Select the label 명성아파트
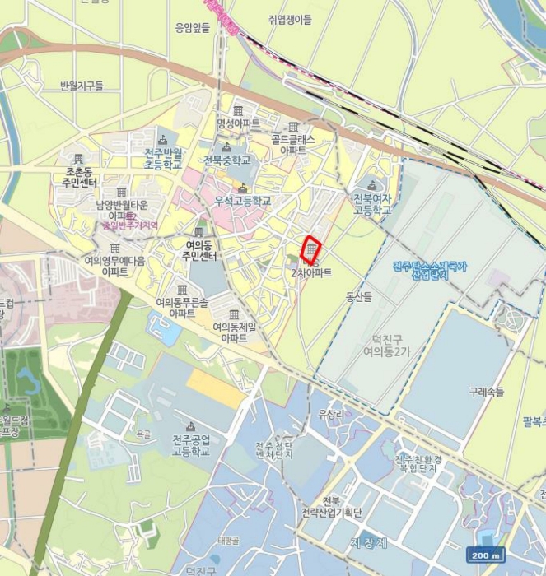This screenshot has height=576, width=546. [x=238, y=123]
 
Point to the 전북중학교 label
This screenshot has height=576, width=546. [x=226, y=160]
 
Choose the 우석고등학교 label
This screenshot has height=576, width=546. [x=242, y=200]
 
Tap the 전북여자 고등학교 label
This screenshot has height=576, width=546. [x=372, y=204]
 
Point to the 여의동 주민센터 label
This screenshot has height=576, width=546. [x=198, y=250]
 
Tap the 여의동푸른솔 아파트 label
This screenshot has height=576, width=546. [x=182, y=307]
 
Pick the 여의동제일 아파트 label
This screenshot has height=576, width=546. [x=235, y=332]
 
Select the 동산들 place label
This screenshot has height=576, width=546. [x=359, y=295]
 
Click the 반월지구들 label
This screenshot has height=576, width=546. [x=82, y=86]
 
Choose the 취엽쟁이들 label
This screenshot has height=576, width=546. [x=290, y=19]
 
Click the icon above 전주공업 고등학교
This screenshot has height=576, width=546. [x=191, y=426]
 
